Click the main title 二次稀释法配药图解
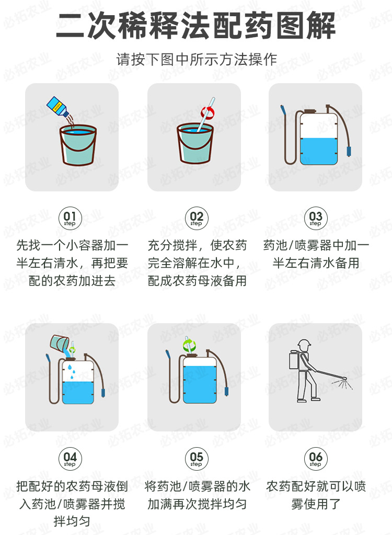(x=196, y=26)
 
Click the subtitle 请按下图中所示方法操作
(x=196, y=59)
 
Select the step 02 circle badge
(x=196, y=218)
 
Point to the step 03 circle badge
(x=316, y=218)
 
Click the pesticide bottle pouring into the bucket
(x=58, y=107)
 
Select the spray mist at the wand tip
(x=340, y=386)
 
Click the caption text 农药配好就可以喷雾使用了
(x=316, y=495)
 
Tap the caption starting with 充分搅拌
(x=196, y=263)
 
